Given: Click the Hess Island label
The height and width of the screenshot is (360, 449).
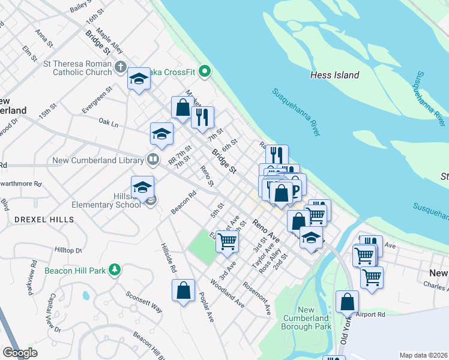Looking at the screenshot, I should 334,75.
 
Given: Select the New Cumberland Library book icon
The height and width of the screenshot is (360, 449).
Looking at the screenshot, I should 153,160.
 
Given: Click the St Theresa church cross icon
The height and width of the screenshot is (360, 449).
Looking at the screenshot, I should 120,67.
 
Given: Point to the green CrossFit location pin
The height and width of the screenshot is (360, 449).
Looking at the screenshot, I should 205,71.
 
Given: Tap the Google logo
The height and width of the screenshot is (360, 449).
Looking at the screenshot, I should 20,353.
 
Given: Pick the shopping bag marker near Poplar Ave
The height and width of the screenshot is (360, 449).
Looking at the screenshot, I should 184,291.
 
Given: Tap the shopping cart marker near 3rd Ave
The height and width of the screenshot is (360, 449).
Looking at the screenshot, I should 228,241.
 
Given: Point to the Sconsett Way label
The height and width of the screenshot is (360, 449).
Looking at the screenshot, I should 144,302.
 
